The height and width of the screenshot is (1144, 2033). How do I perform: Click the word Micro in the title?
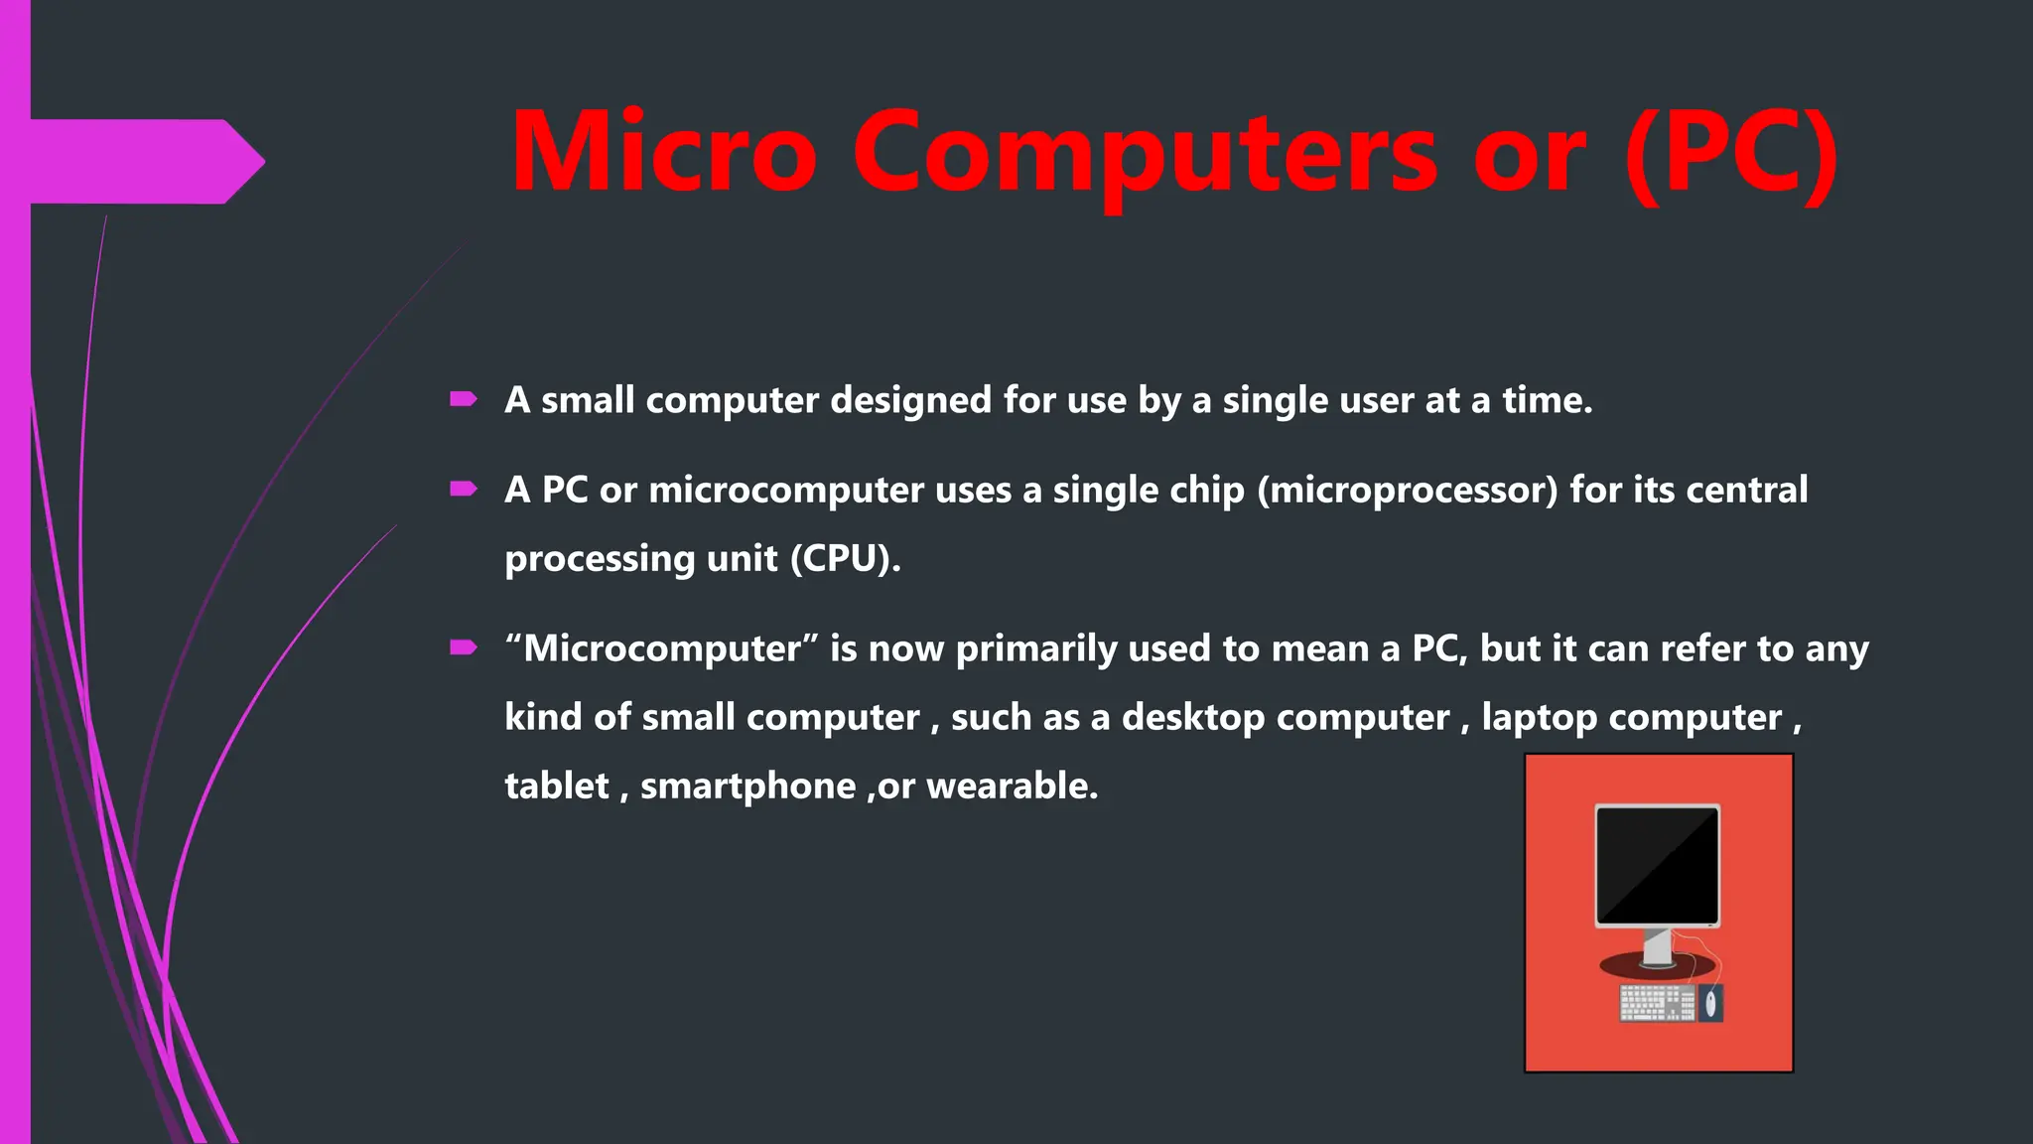tap(663, 152)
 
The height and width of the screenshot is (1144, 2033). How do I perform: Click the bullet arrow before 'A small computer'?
tap(464, 399)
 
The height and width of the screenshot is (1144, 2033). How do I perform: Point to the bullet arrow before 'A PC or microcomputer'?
tap(464, 489)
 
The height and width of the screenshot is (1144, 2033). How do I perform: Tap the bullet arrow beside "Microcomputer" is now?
tap(464, 647)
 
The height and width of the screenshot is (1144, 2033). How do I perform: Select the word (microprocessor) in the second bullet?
tap(1408, 490)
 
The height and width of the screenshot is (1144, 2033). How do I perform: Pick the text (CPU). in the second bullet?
tap(846, 558)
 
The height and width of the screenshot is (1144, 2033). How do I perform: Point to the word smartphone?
tap(747, 786)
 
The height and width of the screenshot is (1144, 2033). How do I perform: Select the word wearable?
tap(1012, 786)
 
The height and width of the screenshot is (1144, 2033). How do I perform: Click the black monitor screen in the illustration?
tap(1657, 864)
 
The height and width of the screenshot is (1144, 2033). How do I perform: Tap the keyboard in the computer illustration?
tap(1656, 1003)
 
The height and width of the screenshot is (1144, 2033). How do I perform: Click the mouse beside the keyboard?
tap(1710, 1004)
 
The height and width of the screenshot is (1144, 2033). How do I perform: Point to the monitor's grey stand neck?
tap(1657, 945)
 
